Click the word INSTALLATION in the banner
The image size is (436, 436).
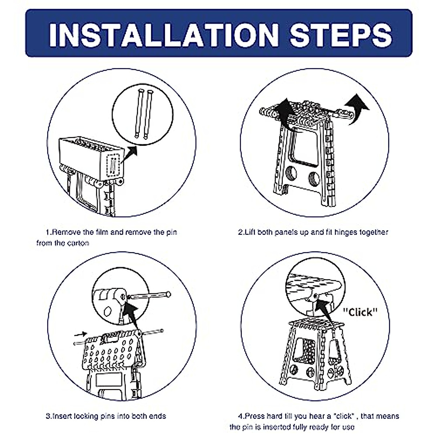(163, 35)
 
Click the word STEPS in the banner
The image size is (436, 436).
(341, 35)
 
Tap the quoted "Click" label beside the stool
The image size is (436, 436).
(360, 312)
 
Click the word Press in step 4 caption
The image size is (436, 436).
(255, 416)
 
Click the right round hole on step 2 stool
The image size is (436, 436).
(314, 179)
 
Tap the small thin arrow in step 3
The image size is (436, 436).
(81, 334)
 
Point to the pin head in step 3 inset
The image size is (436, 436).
(169, 294)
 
